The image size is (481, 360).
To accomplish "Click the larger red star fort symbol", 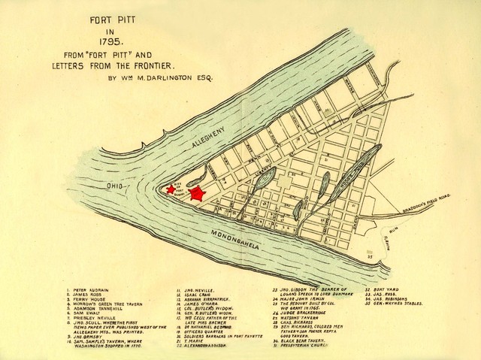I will [197, 193].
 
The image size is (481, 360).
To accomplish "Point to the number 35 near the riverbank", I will [369, 257].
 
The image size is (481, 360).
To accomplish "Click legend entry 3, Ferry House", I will [87, 300].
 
